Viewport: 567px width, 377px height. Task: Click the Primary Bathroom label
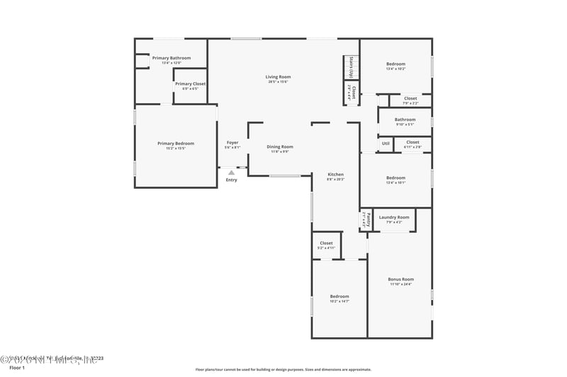click(x=171, y=58)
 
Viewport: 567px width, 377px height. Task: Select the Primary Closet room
click(x=190, y=85)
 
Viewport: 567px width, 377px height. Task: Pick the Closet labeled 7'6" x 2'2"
click(x=410, y=100)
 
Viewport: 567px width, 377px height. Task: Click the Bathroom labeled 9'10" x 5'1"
click(x=405, y=121)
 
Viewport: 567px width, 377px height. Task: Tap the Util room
click(x=386, y=144)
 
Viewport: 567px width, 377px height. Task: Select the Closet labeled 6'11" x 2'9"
click(x=412, y=144)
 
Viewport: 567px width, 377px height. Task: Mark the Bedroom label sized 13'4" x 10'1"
click(x=395, y=179)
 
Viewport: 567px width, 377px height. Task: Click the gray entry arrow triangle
click(x=231, y=171)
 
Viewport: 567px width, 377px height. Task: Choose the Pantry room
click(x=366, y=219)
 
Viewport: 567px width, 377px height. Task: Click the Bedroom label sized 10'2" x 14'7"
click(x=339, y=298)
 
